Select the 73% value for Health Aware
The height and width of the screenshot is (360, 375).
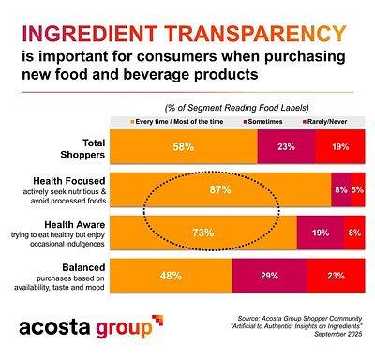[x=202, y=232]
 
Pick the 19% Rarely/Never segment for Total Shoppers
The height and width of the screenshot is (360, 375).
[x=339, y=146]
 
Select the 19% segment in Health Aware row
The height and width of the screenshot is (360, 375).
[x=320, y=232]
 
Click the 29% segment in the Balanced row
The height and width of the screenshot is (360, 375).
[x=268, y=276]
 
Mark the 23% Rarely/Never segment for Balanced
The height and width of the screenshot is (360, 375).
[x=336, y=276]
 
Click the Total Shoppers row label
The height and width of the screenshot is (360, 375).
[x=47, y=146]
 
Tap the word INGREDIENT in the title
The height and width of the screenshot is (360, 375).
[x=92, y=35]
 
